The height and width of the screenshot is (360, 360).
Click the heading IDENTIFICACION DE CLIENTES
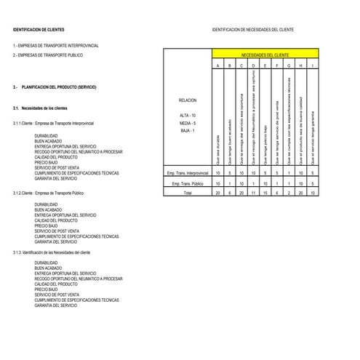pos(39,30)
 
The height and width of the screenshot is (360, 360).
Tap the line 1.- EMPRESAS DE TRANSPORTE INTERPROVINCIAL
pos(55,45)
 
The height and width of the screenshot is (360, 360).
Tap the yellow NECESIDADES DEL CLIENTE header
pos(265,55)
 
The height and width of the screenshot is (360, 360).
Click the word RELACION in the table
pos(187,100)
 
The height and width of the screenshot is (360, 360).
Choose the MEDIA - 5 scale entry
pos(187,124)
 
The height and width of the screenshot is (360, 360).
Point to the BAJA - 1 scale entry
pos(187,131)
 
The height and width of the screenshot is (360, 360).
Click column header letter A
pos(218,66)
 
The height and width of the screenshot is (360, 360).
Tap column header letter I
pos(312,66)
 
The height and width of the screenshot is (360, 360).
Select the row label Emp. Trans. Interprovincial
pos(187,173)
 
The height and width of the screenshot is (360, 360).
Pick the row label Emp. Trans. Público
pos(187,184)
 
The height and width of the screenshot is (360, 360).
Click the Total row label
pos(187,194)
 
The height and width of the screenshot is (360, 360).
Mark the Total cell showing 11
pos(253,194)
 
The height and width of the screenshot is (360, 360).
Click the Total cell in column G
pos(289,194)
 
